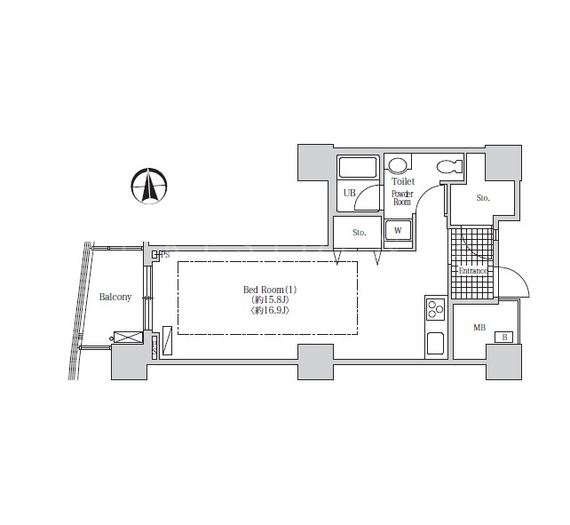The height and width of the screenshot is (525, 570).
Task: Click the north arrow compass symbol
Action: pyautogui.click(x=149, y=186)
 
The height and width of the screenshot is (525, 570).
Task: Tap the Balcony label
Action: pyautogui.click(x=115, y=297)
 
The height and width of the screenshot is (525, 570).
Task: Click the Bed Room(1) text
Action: pyautogui.click(x=270, y=290)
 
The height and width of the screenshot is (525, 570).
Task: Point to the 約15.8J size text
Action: pyautogui.click(x=270, y=299)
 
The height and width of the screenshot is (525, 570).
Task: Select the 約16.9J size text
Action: pyautogui.click(x=270, y=310)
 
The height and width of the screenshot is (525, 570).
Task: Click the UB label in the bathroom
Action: pyautogui.click(x=349, y=193)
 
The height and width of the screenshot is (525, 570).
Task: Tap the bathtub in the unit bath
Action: pyautogui.click(x=357, y=167)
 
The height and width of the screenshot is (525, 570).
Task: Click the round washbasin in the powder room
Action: pyautogui.click(x=396, y=165)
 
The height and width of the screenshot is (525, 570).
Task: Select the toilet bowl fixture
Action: pyautogui.click(x=450, y=167)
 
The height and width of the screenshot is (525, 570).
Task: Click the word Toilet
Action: pyautogui.click(x=403, y=181)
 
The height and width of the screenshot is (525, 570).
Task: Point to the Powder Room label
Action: pyautogui.click(x=402, y=198)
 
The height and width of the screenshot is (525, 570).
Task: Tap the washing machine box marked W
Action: pyautogui.click(x=398, y=230)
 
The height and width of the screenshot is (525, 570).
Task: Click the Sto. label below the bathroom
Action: pyautogui.click(x=360, y=233)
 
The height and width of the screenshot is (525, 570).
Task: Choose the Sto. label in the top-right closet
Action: pyautogui.click(x=483, y=198)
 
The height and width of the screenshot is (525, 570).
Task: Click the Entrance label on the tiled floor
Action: pyautogui.click(x=472, y=271)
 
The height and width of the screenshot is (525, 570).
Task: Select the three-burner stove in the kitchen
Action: pyautogui.click(x=436, y=309)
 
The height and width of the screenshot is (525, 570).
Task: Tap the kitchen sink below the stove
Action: pyautogui.click(x=435, y=343)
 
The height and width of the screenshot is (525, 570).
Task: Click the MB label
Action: pyautogui.click(x=479, y=328)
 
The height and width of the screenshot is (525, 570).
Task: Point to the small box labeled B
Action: pyautogui.click(x=503, y=338)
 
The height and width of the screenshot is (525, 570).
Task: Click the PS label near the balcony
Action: pyautogui.click(x=165, y=255)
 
